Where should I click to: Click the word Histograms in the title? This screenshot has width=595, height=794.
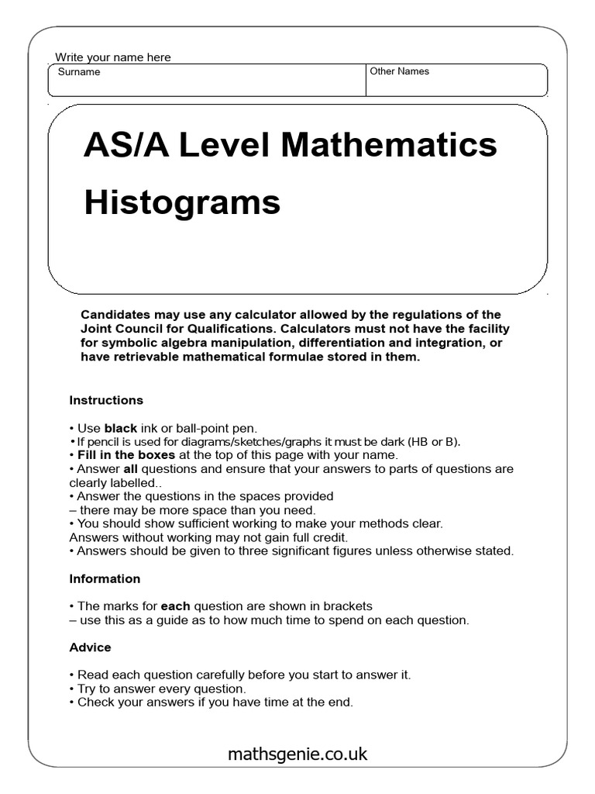(181, 203)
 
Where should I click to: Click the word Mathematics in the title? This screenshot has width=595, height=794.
(389, 145)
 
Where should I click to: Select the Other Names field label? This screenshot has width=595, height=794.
(399, 71)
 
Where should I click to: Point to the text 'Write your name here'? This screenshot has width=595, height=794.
(113, 57)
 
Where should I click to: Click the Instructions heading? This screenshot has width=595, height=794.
(106, 400)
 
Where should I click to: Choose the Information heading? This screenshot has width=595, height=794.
(105, 578)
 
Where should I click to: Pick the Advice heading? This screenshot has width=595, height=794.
(90, 647)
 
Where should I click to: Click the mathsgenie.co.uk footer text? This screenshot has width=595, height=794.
(297, 754)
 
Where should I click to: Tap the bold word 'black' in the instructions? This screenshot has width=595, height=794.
(120, 428)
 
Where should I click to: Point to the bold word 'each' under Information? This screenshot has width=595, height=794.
(175, 606)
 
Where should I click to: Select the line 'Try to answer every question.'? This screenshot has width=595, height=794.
(158, 689)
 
